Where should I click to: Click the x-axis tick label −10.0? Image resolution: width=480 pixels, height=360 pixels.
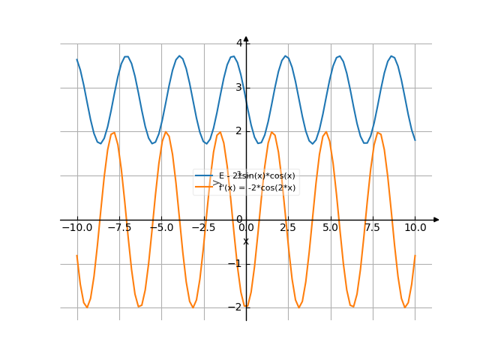[76, 227]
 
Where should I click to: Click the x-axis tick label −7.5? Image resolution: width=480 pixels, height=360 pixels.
[118, 227]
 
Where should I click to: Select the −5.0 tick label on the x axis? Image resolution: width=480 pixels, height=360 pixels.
[160, 227]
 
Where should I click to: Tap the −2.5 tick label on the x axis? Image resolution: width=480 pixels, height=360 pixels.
[203, 227]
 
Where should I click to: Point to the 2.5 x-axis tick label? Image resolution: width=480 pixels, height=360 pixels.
[288, 227]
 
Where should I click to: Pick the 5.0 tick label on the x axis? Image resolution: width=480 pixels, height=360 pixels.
[330, 227]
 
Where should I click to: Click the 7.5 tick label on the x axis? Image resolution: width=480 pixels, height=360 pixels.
[373, 227]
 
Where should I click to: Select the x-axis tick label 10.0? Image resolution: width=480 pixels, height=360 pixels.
[415, 227]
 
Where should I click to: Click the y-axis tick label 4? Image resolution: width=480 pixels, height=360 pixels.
[239, 43]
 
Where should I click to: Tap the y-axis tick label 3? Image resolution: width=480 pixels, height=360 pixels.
[239, 88]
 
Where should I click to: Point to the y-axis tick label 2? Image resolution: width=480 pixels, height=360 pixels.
[239, 131]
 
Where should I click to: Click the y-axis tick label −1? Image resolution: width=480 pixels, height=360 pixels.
[237, 263]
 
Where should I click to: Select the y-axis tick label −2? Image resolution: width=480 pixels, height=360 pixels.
[237, 307]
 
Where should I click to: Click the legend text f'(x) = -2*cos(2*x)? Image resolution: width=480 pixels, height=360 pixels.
[257, 187]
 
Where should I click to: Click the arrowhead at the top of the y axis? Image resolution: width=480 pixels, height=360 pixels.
[246, 39]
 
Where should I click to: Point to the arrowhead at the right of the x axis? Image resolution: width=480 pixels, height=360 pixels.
[436, 220]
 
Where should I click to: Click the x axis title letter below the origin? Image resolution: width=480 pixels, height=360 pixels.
[246, 241]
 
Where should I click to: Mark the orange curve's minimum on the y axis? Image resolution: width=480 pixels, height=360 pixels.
[246, 307]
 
